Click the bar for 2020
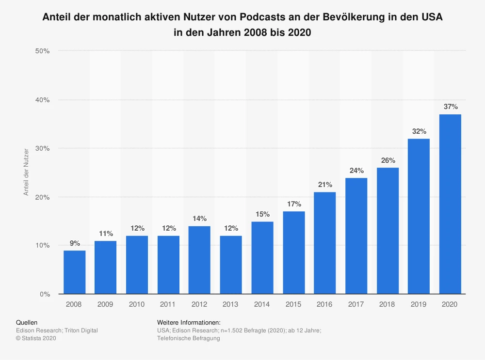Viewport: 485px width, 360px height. pos(450,204)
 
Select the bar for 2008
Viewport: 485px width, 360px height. pos(74,272)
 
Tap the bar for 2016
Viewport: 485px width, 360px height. pos(324,243)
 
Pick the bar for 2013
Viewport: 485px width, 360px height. pos(231,265)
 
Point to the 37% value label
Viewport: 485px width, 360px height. pos(450,107)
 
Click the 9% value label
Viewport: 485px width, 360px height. pos(74,243)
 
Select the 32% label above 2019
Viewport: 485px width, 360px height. pos(419,131)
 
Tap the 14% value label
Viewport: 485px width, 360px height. pos(199,219)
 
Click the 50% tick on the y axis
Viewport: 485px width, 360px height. pos(43,51)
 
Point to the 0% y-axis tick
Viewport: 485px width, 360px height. pos(45,294)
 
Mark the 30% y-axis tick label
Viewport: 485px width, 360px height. pos(43,148)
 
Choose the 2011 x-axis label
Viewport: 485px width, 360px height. pos(168,305)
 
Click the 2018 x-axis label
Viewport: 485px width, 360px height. pos(387,305)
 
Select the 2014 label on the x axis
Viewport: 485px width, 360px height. pos(262,305)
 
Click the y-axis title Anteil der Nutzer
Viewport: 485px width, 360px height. pos(27,172)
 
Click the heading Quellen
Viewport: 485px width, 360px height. pos(27,322)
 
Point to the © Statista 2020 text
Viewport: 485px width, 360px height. pos(36,338)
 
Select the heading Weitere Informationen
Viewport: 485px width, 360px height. pos(189,322)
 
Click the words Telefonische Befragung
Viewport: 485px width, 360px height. pos(189,338)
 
